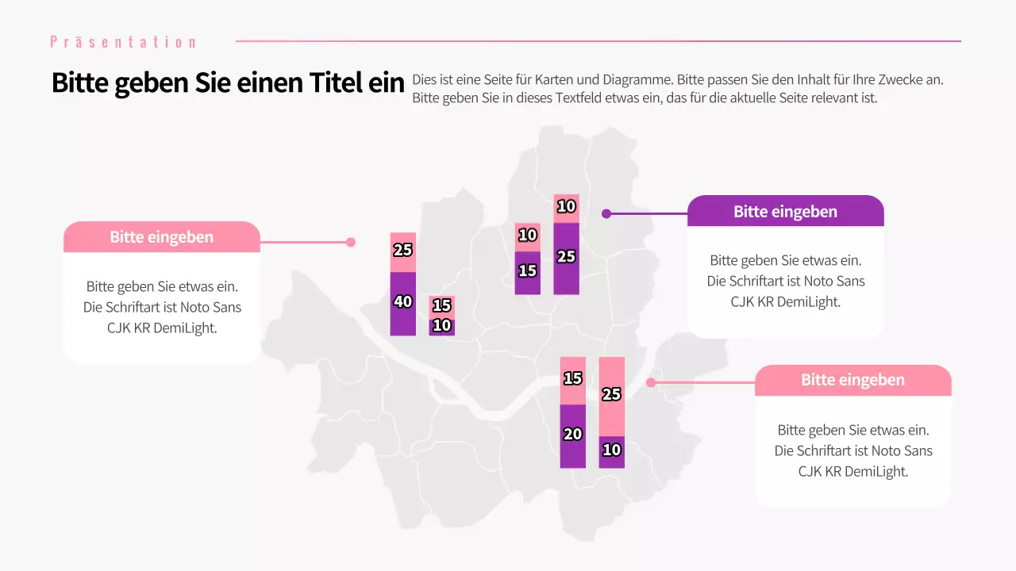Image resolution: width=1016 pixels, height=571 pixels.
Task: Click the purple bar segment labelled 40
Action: [402, 304]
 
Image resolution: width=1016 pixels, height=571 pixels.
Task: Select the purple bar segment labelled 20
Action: [572, 435]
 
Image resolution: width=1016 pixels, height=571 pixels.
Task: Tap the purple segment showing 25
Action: [566, 259]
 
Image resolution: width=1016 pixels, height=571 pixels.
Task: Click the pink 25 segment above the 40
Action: [402, 251]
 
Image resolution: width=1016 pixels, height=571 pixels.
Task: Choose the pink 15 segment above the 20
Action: [572, 380]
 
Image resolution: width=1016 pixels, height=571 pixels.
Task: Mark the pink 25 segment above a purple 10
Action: [611, 396]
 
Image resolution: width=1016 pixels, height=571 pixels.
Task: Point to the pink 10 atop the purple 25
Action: [566, 208]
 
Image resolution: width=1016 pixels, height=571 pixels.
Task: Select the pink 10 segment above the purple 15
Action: [527, 236]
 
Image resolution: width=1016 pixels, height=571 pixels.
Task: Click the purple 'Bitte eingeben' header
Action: [785, 212]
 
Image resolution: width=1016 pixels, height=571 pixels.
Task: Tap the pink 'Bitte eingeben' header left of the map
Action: [161, 237]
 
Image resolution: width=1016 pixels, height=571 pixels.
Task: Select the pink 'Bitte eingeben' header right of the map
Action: [852, 380]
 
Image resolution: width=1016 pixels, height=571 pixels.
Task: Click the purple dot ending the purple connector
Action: [606, 213]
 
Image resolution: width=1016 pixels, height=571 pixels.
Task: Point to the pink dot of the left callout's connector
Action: [351, 243]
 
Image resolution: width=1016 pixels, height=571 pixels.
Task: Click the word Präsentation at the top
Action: [123, 42]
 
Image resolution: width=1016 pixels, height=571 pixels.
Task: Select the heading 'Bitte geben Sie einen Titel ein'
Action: [228, 83]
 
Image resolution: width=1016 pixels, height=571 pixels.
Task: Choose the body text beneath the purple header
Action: [785, 281]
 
